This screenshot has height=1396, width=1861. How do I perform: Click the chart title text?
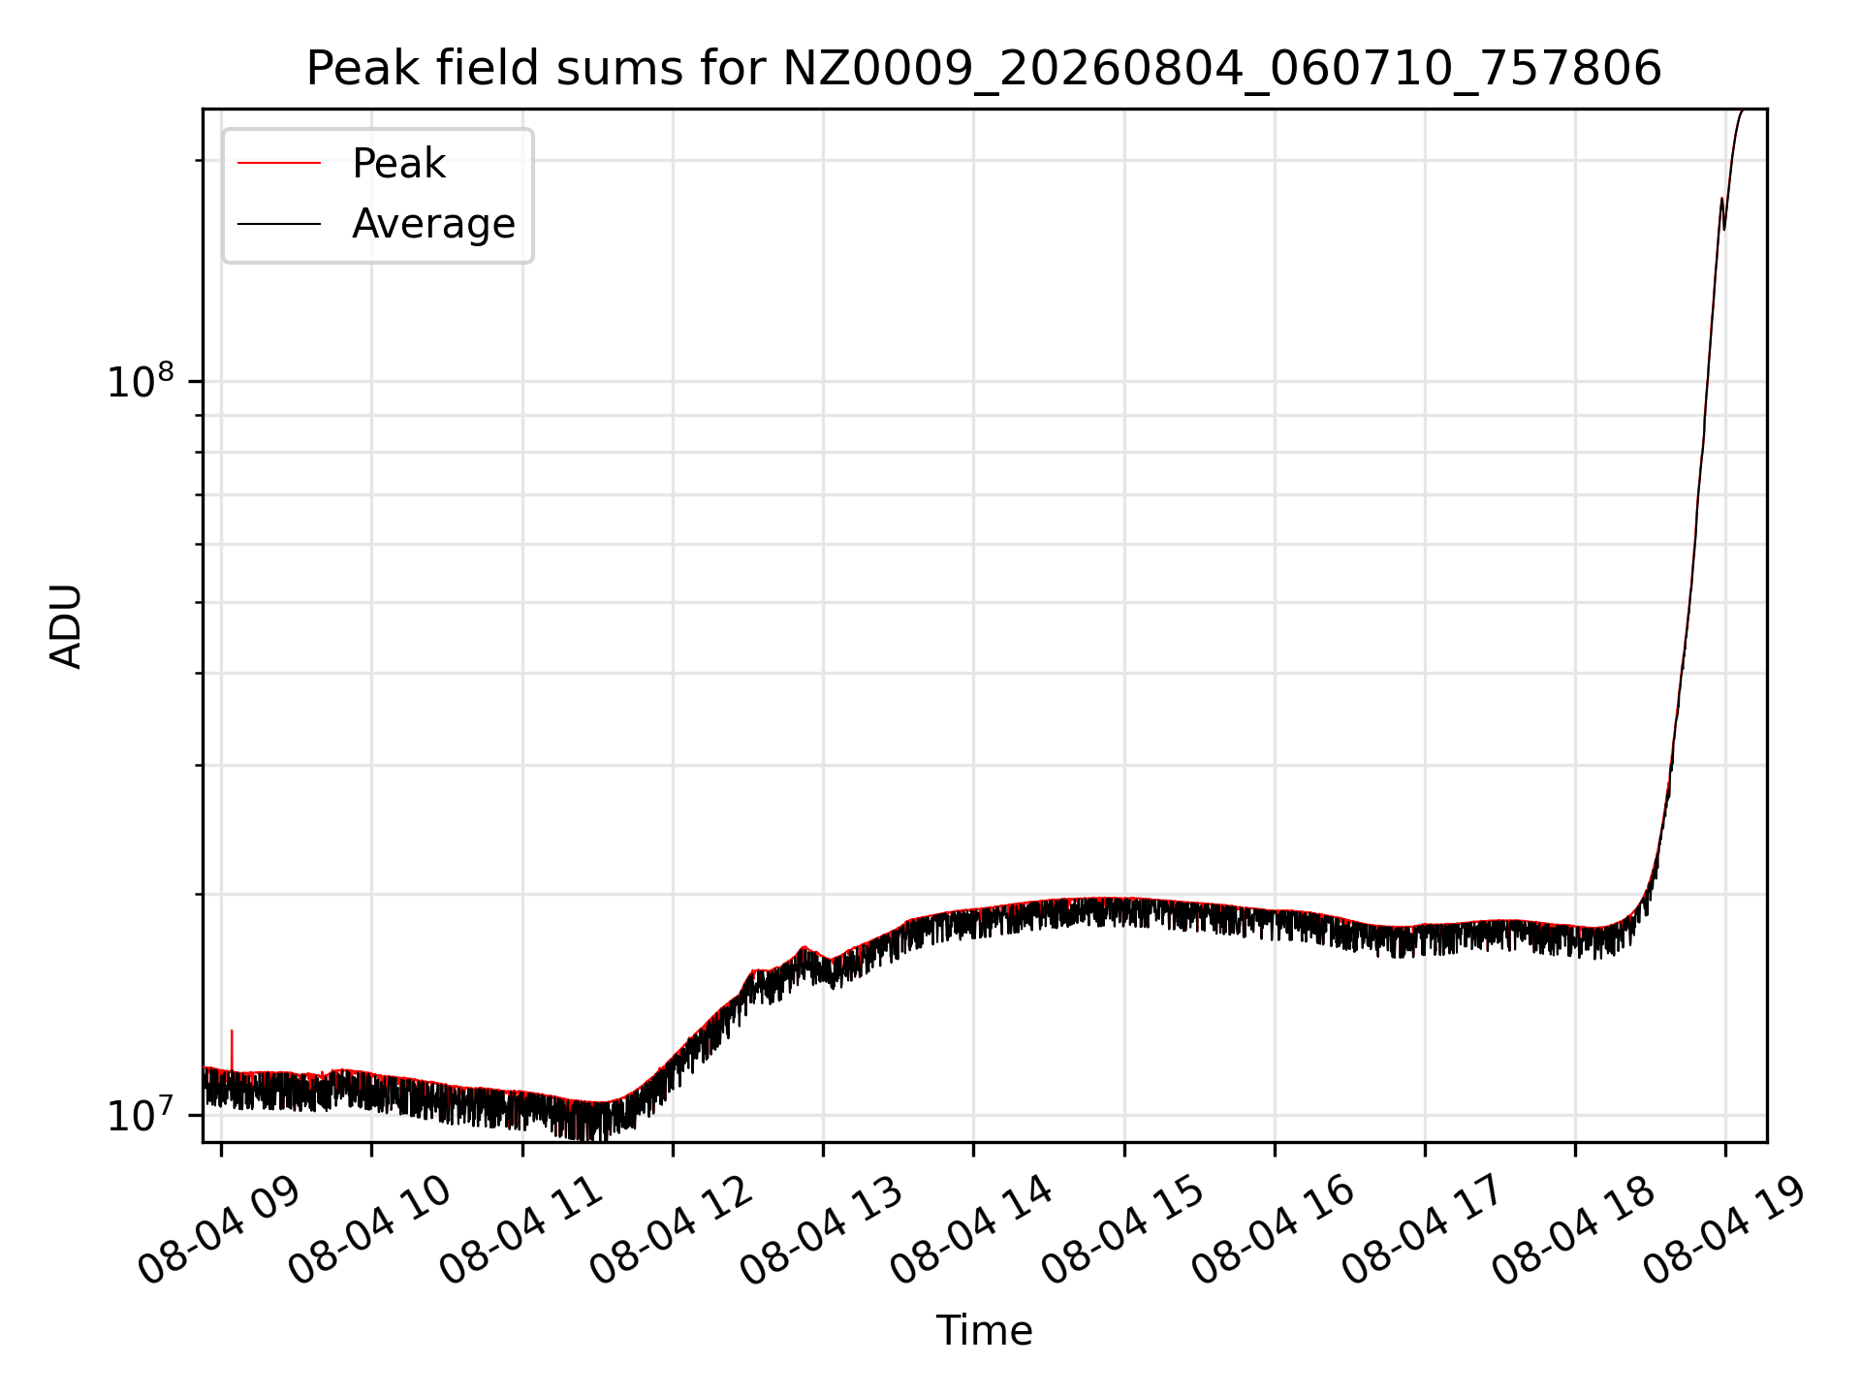(984, 69)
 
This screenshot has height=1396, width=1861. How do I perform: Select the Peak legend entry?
(341, 163)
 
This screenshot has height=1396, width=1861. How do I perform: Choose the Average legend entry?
(376, 224)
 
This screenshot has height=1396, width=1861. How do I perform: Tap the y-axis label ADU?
(66, 626)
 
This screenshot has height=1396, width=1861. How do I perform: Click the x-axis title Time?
(984, 1330)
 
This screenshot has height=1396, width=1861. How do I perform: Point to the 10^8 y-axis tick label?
(141, 380)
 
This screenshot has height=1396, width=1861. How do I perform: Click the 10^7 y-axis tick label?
(141, 1114)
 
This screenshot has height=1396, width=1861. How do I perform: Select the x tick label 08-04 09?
(220, 1230)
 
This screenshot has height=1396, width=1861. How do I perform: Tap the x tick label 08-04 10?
(370, 1230)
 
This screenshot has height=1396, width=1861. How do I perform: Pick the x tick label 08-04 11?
(521, 1230)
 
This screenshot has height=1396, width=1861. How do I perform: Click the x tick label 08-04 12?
(672, 1230)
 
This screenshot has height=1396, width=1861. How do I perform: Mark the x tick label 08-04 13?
(822, 1230)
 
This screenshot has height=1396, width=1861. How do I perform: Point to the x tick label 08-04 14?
(972, 1230)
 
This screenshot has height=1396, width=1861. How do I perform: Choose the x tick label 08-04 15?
(1123, 1230)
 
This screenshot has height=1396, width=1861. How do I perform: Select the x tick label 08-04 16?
(1274, 1230)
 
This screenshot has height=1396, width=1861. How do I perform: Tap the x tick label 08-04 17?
(1424, 1230)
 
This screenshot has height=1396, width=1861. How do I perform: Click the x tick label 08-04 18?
(1574, 1230)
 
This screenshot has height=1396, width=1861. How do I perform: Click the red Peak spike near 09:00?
(232, 1049)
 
